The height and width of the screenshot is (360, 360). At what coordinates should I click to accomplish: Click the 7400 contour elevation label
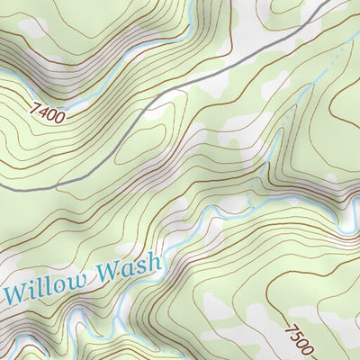48,112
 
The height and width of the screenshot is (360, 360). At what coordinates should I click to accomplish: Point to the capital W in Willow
16,292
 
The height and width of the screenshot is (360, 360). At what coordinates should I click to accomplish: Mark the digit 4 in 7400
43,111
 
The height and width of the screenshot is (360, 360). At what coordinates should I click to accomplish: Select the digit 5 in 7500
293,336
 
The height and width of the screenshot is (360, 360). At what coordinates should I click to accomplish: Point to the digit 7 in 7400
34,106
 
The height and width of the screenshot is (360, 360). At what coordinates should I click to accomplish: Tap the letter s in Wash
144,266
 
